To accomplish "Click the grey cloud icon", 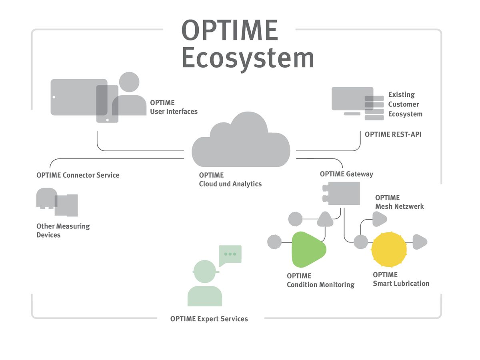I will tap(240, 142).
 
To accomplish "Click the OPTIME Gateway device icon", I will tap(342, 194).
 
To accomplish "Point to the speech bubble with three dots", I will tap(230, 254).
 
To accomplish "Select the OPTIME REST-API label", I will tap(393, 134).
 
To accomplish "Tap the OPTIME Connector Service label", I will tap(78, 175).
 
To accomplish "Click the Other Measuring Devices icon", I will tap(57, 202).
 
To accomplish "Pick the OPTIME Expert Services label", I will tap(209, 319).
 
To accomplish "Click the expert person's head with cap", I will tap(205, 271).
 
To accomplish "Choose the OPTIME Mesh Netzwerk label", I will tap(399, 202).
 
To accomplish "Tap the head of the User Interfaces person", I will tap(129, 82).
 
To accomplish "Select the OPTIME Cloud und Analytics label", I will tap(230, 180).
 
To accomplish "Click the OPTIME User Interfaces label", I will tap(174, 107).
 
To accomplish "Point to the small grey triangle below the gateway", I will tap(325, 219).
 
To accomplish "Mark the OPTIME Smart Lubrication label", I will tap(401, 279).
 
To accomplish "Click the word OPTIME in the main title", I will tap(230, 30).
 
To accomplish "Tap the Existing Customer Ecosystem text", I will tap(405, 104).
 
